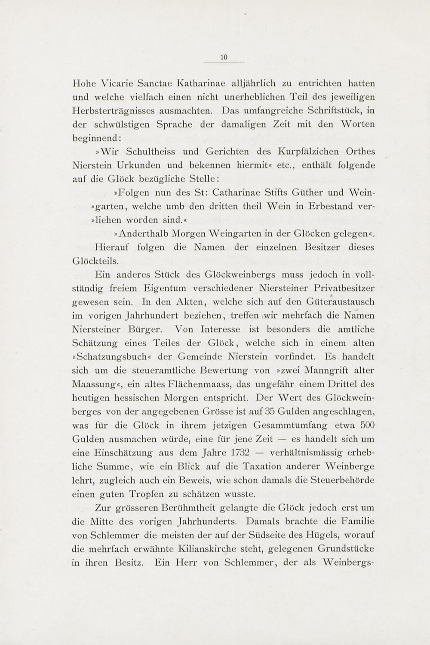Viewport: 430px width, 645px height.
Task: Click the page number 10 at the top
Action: click(x=224, y=56)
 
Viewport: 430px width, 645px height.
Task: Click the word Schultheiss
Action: click(x=150, y=152)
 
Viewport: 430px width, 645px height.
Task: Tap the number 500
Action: click(x=368, y=425)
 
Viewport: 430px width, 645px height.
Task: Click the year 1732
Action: click(x=240, y=453)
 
